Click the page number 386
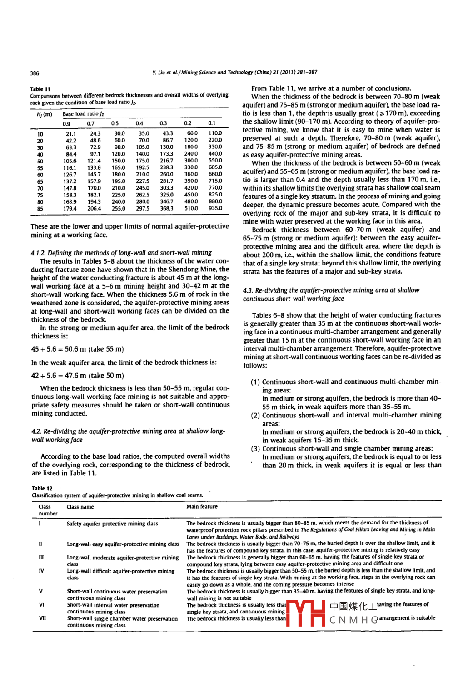[35, 73]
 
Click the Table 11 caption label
[40, 89]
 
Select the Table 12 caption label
[42, 488]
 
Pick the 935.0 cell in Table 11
[215, 208]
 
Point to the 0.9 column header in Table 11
[66, 123]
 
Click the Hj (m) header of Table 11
[44, 114]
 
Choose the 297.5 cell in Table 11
[142, 208]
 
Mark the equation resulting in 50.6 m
[77, 349]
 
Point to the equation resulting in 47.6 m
[77, 376]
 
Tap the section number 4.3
[248, 290]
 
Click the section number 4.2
[36, 431]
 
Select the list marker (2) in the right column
[255, 415]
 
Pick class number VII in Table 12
[41, 618]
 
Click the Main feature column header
[202, 507]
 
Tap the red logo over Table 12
[305, 613]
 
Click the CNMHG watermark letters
[353, 620]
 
